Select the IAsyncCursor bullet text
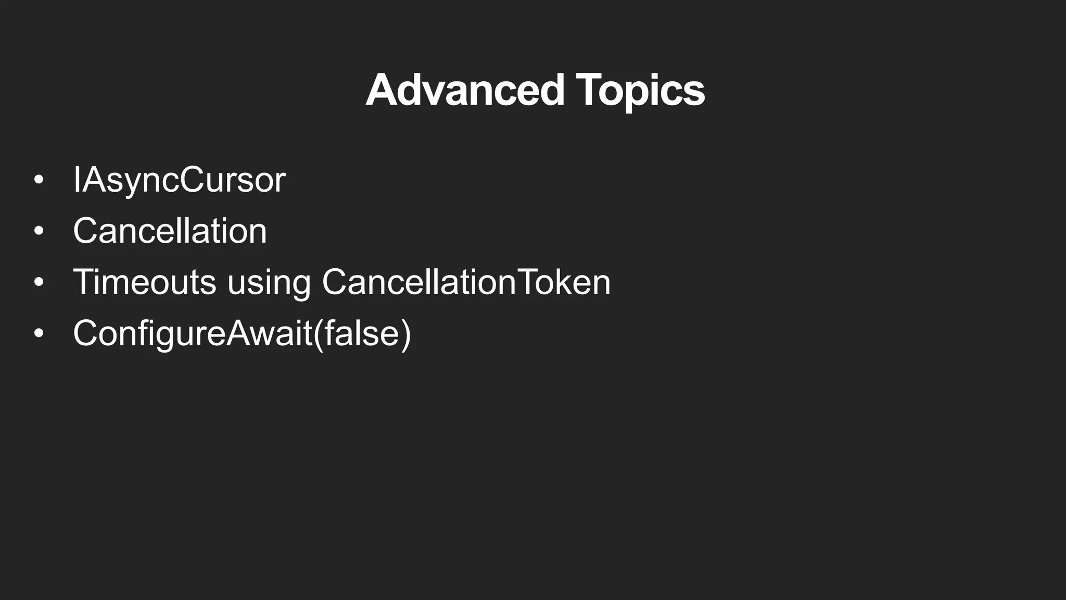(179, 180)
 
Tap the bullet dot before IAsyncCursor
(39, 180)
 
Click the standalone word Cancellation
(170, 231)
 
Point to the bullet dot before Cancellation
(39, 231)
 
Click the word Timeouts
(144, 282)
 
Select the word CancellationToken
(466, 282)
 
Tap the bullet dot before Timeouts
(39, 282)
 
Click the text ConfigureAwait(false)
(242, 333)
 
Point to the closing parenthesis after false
(405, 334)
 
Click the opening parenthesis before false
(318, 334)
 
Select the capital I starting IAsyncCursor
(77, 180)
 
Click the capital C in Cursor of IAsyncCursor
(192, 180)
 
